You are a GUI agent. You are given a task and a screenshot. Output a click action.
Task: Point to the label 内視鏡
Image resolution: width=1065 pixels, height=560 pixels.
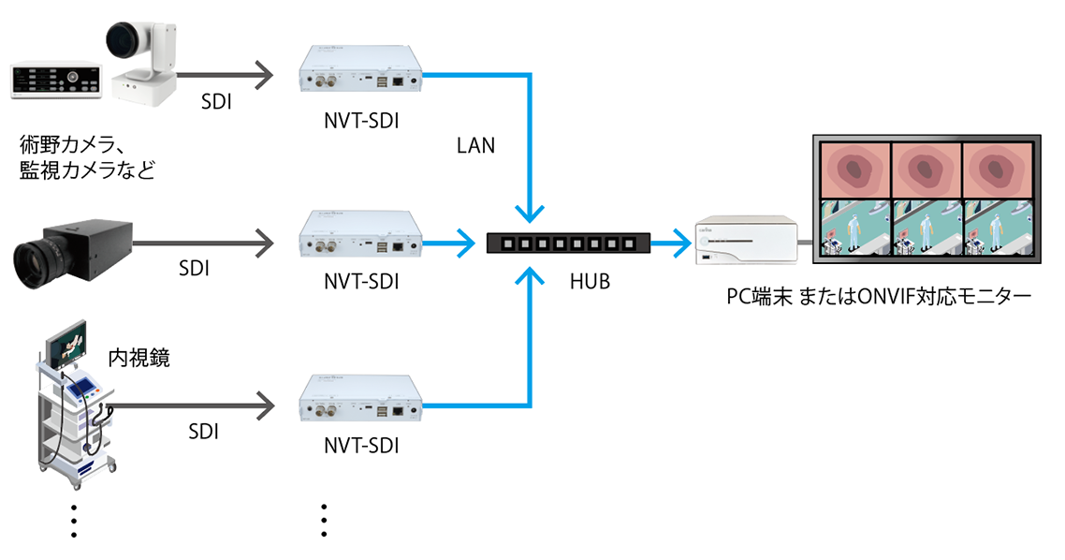139,357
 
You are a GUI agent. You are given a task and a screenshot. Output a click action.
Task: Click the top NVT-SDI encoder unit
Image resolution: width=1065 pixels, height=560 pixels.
360,72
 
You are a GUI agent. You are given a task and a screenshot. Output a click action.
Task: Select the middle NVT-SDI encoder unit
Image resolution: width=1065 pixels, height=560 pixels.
360,234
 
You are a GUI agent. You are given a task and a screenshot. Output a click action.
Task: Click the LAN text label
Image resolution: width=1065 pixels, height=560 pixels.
475,146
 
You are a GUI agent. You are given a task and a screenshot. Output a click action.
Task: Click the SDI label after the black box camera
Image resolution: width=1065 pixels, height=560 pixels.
193,269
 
